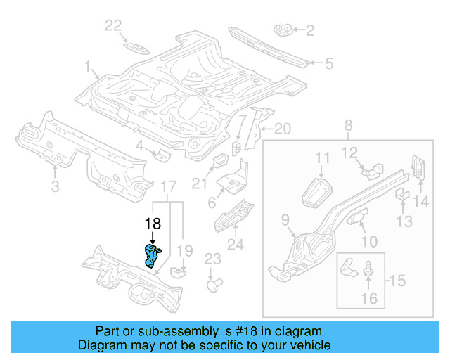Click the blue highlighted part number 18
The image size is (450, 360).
click(152, 256)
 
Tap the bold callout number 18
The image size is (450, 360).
click(153, 224)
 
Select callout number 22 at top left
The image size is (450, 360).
click(113, 26)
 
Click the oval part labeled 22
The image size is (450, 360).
click(133, 47)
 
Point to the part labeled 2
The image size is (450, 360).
click(283, 30)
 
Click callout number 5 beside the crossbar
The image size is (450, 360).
click(328, 64)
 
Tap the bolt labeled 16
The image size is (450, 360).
click(369, 269)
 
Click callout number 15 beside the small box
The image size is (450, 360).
click(397, 281)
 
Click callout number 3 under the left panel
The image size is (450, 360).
click(55, 186)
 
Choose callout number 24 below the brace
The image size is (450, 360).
click(235, 245)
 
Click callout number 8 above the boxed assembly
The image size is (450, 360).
click(347, 126)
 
